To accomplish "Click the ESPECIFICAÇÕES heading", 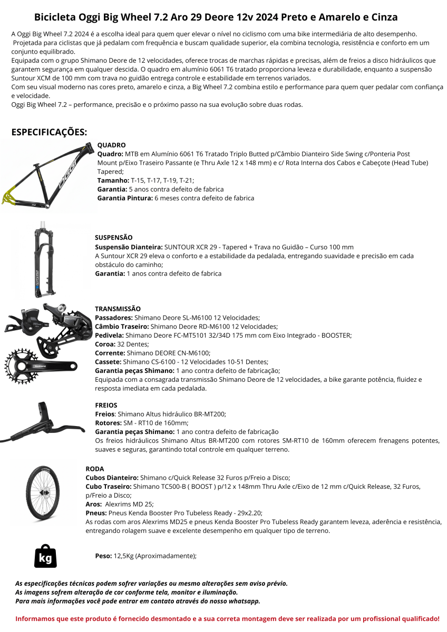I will pyautogui.click(x=50, y=132).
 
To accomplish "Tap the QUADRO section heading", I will pyautogui.click(x=111, y=145).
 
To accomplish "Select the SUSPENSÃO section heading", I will pyautogui.click(x=113, y=238).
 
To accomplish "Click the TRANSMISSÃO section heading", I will pyautogui.click(x=118, y=309).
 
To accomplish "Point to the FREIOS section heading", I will pyautogui.click(x=106, y=406).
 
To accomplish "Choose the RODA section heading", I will pyautogui.click(x=95, y=469).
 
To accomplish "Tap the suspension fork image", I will pyautogui.click(x=45, y=261).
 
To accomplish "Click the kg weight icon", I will pyautogui.click(x=45, y=556).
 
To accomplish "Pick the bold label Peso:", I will pyautogui.click(x=103, y=556).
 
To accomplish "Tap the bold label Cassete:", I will pyautogui.click(x=108, y=362).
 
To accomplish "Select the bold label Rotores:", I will pyautogui.click(x=109, y=423).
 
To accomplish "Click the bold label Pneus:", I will pyautogui.click(x=96, y=513).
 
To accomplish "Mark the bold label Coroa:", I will pyautogui.click(x=106, y=344).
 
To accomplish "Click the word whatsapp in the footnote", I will pyautogui.click(x=245, y=601).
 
